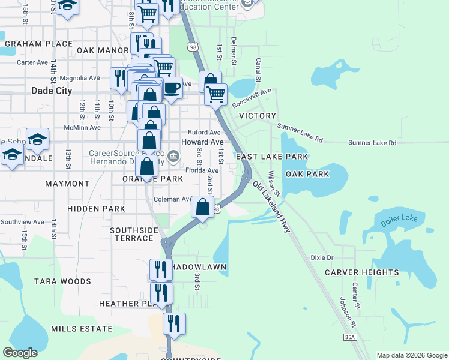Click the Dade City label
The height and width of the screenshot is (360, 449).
pyautogui.click(x=51, y=91)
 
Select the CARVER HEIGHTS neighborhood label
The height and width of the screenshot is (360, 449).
pyautogui.click(x=361, y=272)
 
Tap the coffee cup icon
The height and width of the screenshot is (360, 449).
pyautogui.click(x=172, y=88)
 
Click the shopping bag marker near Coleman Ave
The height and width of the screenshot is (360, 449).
pyautogui.click(x=203, y=207)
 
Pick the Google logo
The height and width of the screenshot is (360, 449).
pyautogui.click(x=20, y=353)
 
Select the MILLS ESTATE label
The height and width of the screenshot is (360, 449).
pyautogui.click(x=82, y=329)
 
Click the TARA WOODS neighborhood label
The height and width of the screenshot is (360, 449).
pyautogui.click(x=62, y=281)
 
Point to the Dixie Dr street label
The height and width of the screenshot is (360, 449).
pyautogui.click(x=322, y=257)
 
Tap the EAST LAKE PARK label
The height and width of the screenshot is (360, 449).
pyautogui.click(x=272, y=157)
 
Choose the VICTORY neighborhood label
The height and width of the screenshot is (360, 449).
pyautogui.click(x=258, y=115)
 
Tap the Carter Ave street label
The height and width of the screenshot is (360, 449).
pyautogui.click(x=32, y=62)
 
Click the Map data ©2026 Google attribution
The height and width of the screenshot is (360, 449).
pyautogui.click(x=411, y=355)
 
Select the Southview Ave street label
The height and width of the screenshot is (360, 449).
pyautogui.click(x=22, y=222)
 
